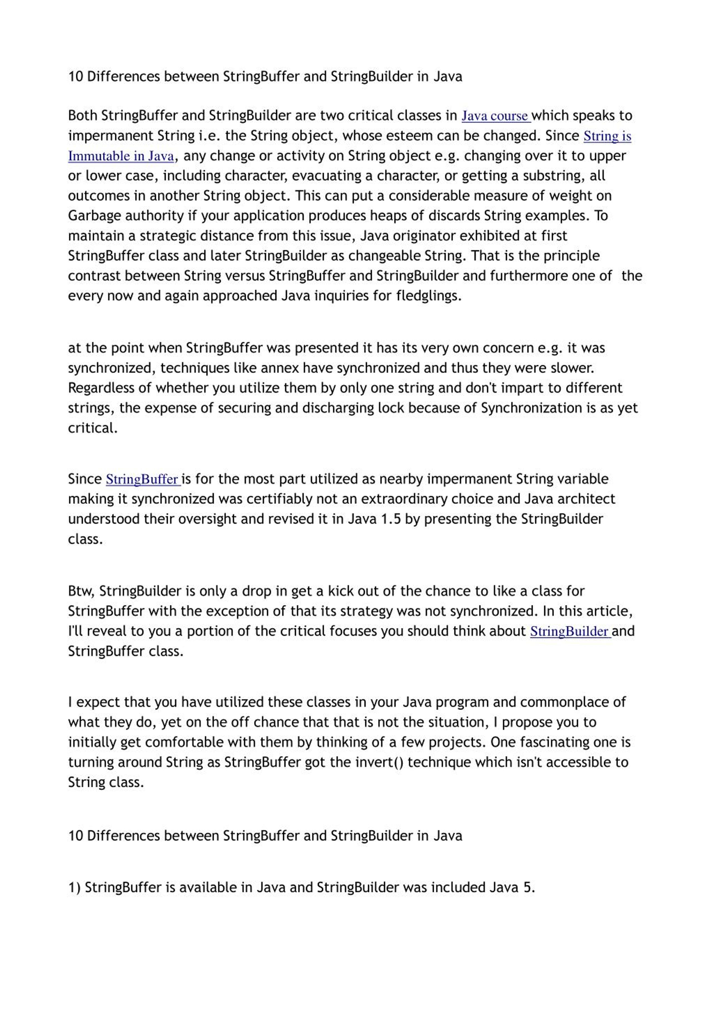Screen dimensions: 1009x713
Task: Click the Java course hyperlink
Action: pos(495,116)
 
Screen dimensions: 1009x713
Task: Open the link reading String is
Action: pos(607,136)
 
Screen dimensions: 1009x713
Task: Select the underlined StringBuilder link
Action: pos(569,632)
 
